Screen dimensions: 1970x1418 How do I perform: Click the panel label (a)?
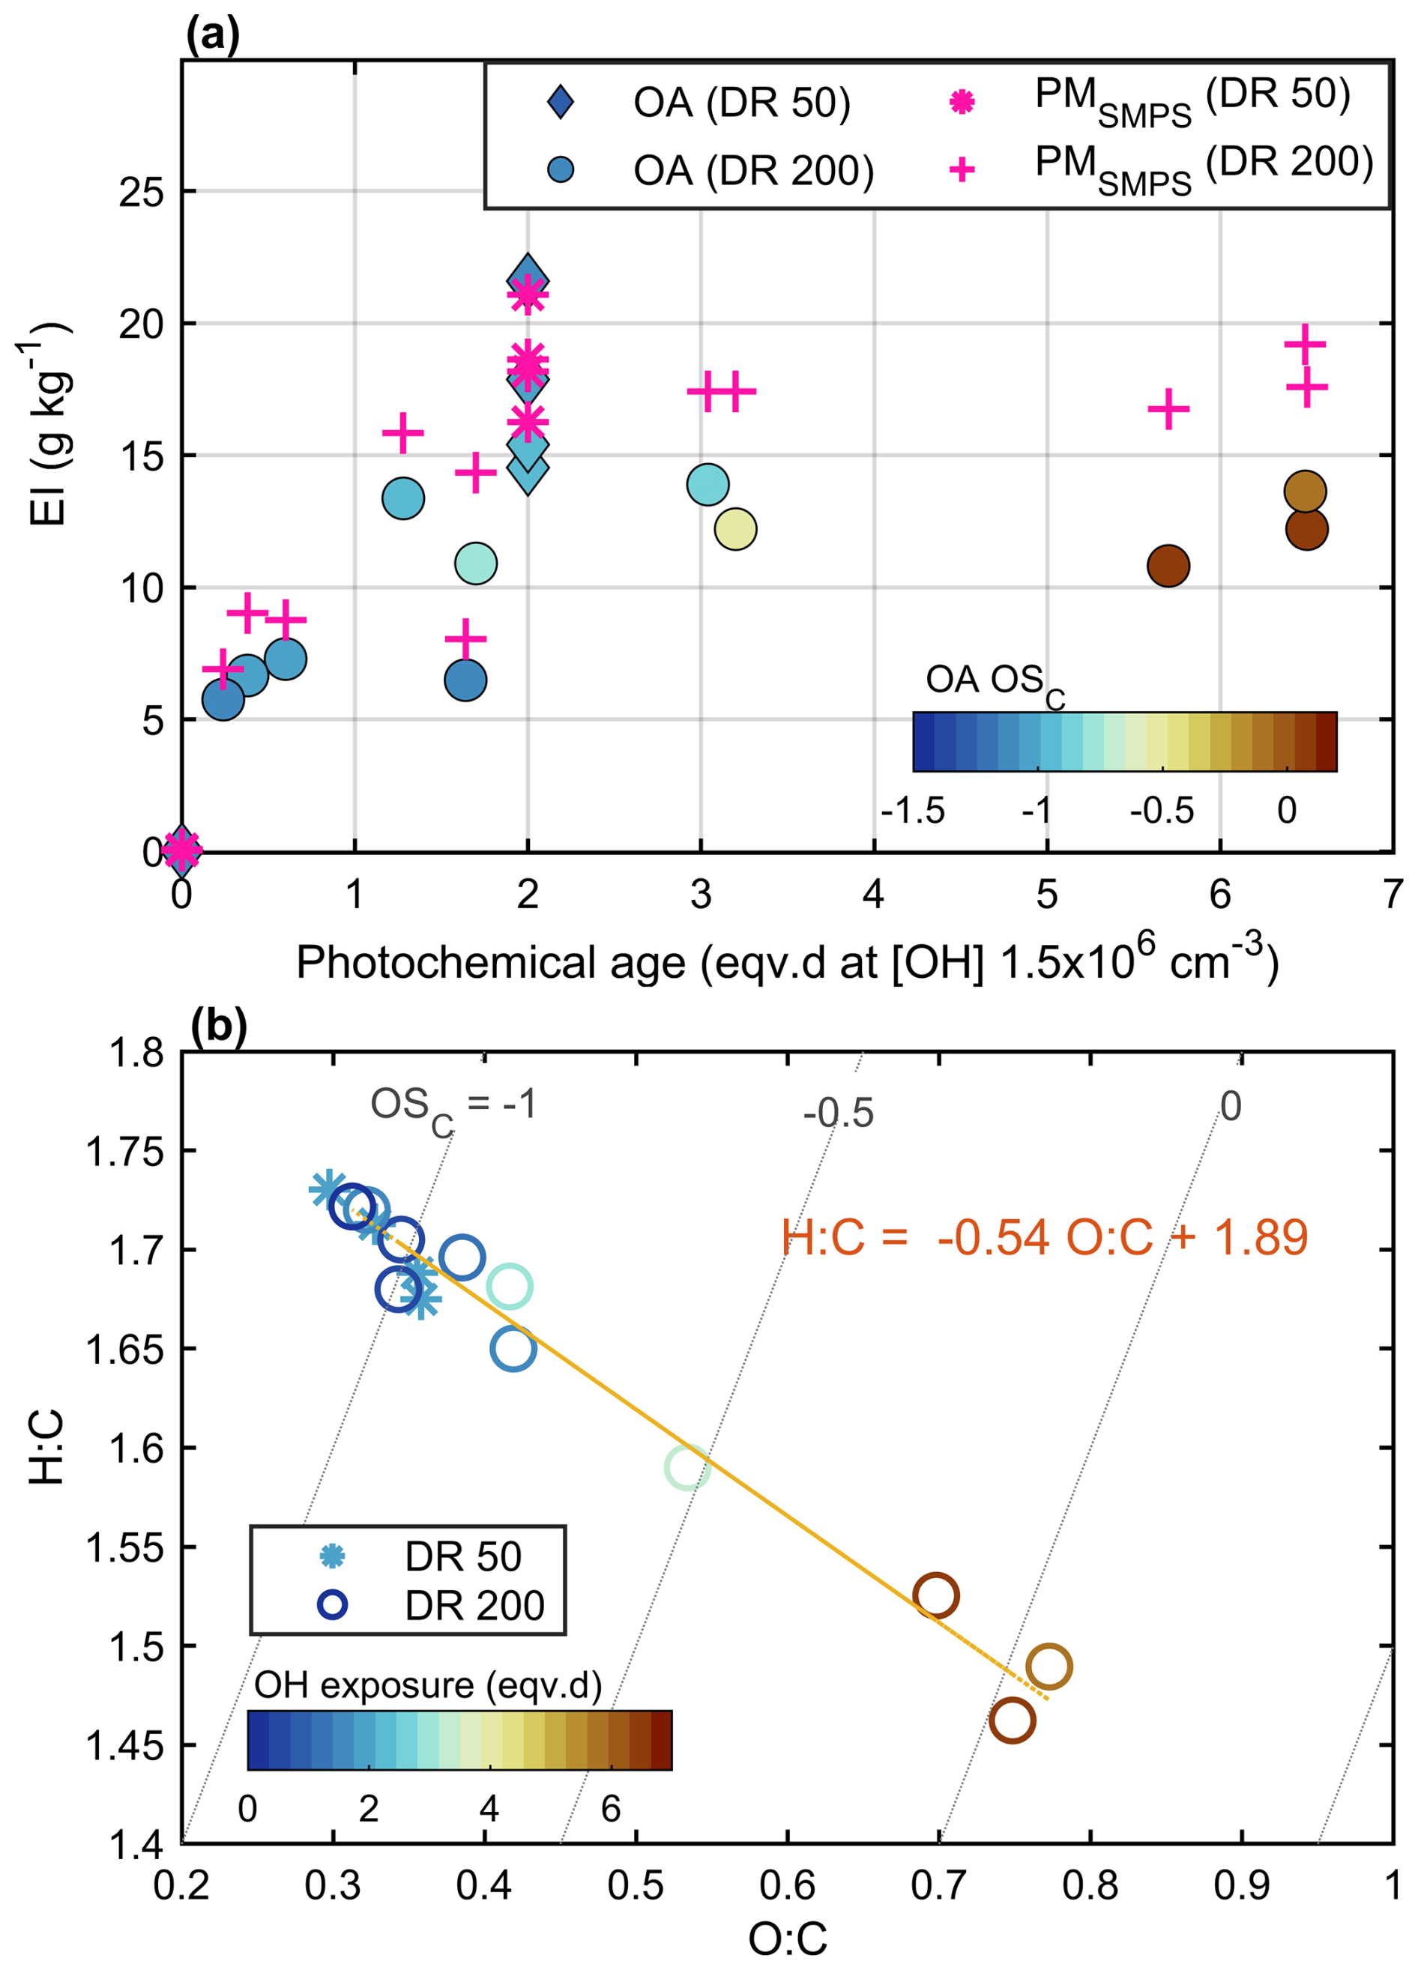click(x=213, y=36)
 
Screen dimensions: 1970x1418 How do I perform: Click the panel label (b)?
click(x=218, y=1026)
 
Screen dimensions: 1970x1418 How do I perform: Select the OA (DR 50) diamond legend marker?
click(x=561, y=102)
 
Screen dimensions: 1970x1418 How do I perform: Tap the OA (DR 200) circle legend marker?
click(x=561, y=169)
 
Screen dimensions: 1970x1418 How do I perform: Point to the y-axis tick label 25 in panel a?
click(x=141, y=192)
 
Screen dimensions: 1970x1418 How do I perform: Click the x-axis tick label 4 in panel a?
click(x=873, y=893)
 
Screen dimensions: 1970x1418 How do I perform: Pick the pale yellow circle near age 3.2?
click(x=735, y=529)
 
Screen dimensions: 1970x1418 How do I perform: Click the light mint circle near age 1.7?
click(x=475, y=563)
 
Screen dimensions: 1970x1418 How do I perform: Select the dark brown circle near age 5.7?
click(x=1168, y=566)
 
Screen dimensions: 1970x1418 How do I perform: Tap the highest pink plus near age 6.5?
click(x=1304, y=345)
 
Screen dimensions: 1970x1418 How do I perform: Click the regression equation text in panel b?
click(x=1043, y=1237)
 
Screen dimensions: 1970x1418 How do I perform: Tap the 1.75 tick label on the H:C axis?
click(x=124, y=1152)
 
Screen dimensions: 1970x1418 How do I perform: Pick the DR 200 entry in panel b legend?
click(x=474, y=1606)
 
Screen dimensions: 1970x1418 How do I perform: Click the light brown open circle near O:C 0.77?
click(x=1048, y=1667)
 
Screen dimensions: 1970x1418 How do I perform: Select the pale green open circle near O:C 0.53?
click(x=687, y=1468)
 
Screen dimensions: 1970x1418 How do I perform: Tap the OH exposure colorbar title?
click(x=427, y=1685)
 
